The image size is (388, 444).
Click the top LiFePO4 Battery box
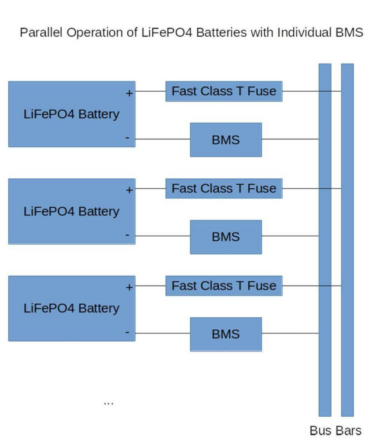(71, 114)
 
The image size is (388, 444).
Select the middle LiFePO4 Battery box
(71, 211)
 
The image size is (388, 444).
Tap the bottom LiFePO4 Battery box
(71, 308)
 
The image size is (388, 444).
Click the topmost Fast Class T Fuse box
(223, 91)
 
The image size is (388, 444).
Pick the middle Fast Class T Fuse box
(223, 189)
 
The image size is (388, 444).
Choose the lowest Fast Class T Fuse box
(223, 286)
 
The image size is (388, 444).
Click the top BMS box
(225, 140)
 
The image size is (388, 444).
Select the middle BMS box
(225, 237)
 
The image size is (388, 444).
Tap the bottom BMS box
(225, 334)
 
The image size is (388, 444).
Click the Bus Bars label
(335, 431)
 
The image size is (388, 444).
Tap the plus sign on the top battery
(129, 93)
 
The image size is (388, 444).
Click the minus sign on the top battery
(127, 138)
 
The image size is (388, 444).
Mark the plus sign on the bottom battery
(129, 288)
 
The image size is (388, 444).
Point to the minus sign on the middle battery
(127, 235)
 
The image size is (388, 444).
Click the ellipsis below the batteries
(108, 403)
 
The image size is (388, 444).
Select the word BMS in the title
(349, 33)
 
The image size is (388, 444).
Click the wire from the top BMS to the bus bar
(290, 140)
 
